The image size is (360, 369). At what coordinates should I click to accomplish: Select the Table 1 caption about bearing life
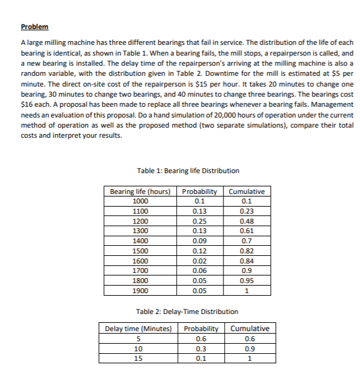tap(188, 171)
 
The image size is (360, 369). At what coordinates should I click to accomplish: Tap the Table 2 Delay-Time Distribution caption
tap(188, 312)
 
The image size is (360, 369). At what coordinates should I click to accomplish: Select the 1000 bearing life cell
tap(140, 201)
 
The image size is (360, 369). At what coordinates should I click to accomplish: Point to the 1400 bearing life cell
tap(140, 241)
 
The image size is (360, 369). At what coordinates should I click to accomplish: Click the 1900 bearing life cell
tap(140, 291)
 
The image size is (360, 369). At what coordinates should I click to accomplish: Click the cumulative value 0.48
tap(247, 221)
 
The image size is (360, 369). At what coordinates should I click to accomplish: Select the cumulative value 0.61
tap(247, 231)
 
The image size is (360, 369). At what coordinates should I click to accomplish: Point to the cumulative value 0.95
tap(247, 281)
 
